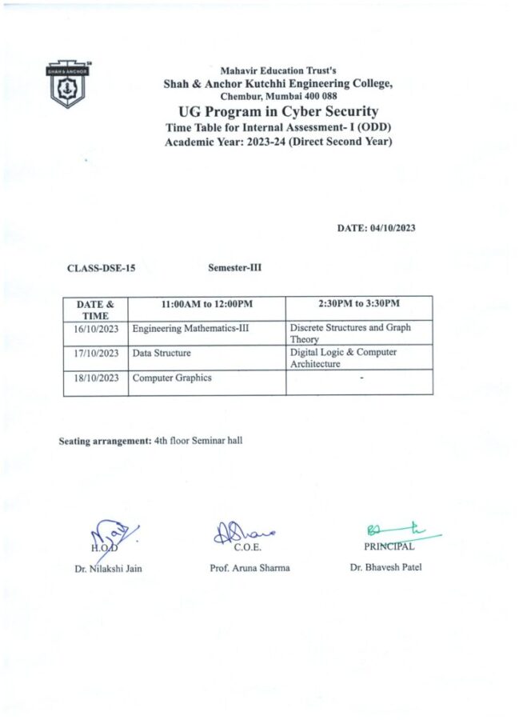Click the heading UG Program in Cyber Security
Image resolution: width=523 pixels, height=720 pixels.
click(x=278, y=111)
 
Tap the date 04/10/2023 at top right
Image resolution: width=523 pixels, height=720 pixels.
click(x=376, y=228)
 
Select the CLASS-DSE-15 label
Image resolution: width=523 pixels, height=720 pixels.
click(x=101, y=269)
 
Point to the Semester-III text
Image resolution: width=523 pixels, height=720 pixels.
click(x=234, y=268)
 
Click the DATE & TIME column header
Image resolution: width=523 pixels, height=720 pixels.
click(x=95, y=310)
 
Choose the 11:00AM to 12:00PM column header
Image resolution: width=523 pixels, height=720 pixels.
click(x=206, y=304)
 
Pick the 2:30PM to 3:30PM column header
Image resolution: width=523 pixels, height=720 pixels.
click(x=359, y=304)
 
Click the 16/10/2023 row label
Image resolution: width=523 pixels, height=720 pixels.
click(x=96, y=329)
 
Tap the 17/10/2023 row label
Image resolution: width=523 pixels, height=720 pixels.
click(x=96, y=353)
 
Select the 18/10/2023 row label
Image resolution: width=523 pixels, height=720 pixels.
click(x=96, y=378)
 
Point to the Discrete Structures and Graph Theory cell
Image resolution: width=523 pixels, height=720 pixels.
click(x=349, y=334)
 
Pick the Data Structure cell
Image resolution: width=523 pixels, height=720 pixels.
click(x=162, y=352)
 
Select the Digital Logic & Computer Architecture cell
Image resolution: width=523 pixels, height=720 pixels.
click(x=343, y=358)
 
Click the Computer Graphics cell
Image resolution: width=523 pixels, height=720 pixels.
click(x=172, y=378)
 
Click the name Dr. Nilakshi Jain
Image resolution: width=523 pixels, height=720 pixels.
click(x=105, y=569)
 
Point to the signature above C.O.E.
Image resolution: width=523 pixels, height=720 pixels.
click(x=243, y=533)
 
